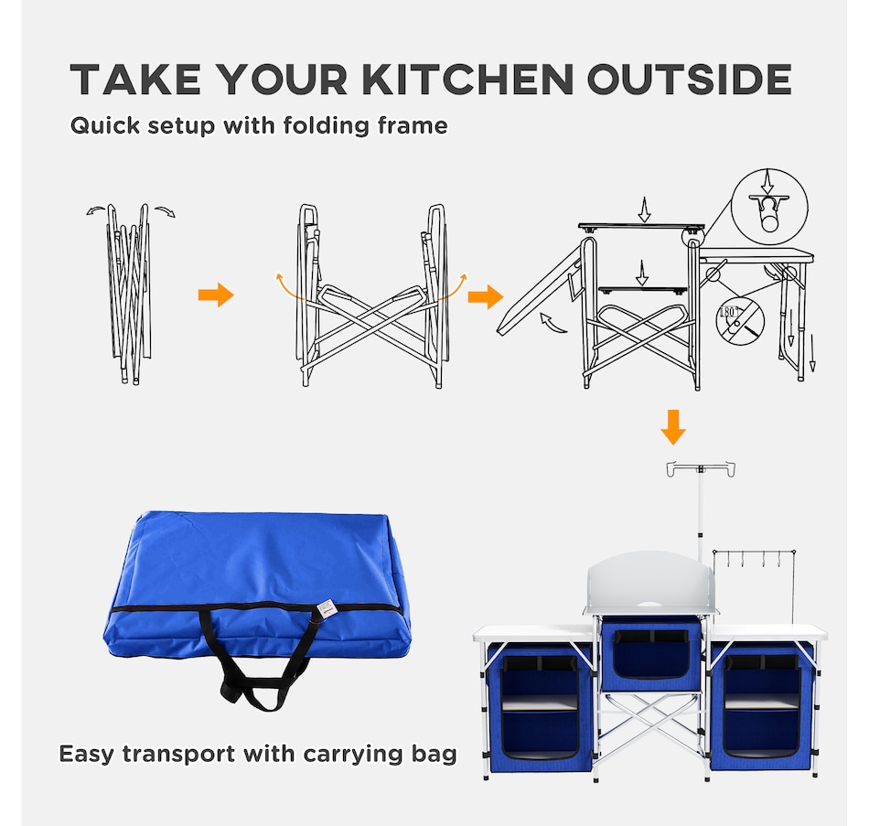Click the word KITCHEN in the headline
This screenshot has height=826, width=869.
(x=467, y=80)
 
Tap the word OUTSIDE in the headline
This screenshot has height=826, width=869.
(x=690, y=80)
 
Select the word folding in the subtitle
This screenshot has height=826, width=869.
(x=326, y=126)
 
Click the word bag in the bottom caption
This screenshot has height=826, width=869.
(x=434, y=755)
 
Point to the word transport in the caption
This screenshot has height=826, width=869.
(x=178, y=755)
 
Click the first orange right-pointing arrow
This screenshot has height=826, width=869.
(x=216, y=295)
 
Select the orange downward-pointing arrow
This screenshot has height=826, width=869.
(x=673, y=427)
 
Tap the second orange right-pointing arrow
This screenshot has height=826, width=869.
(x=486, y=296)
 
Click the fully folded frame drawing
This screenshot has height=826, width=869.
(x=130, y=294)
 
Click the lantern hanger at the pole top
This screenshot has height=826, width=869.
(x=701, y=469)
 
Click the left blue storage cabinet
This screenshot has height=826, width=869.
(x=540, y=707)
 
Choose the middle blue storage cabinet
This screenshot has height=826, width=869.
(x=651, y=653)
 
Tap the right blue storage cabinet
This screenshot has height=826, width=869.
(x=763, y=707)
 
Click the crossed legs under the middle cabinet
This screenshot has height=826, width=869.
(x=651, y=726)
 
